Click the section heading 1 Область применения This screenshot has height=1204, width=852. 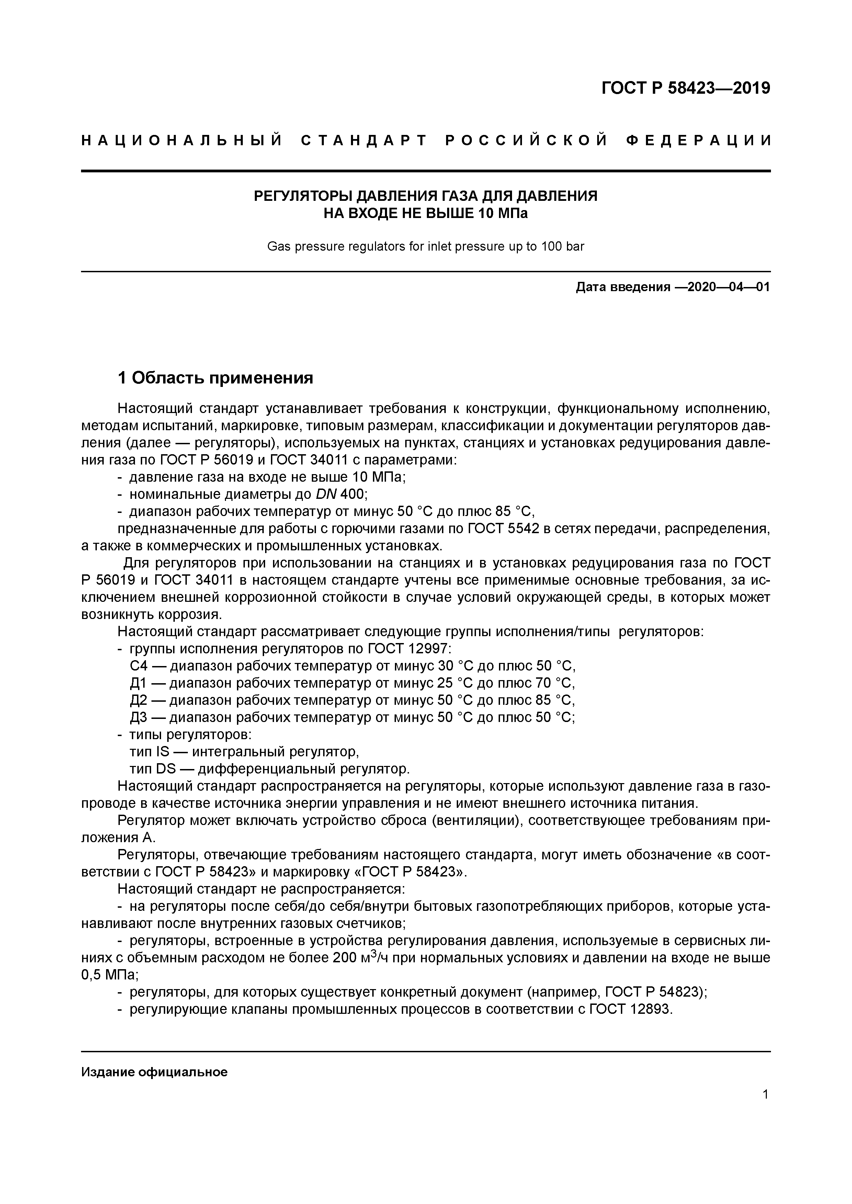[215, 378]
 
